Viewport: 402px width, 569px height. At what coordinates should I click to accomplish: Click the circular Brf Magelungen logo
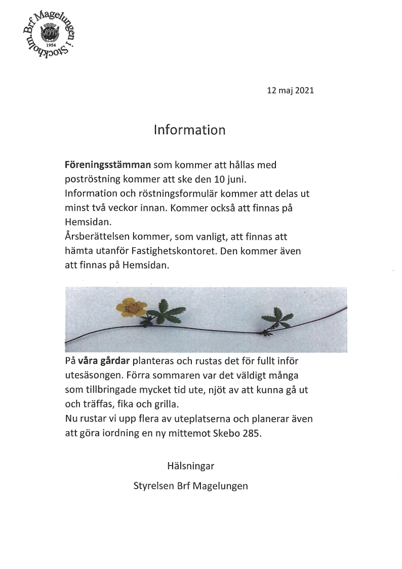click(49, 37)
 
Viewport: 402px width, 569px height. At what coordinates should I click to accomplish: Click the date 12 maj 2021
click(291, 91)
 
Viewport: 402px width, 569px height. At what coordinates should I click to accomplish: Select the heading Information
click(189, 130)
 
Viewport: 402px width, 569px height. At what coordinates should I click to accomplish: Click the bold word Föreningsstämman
click(108, 165)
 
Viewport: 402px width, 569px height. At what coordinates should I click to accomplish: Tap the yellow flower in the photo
click(132, 307)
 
